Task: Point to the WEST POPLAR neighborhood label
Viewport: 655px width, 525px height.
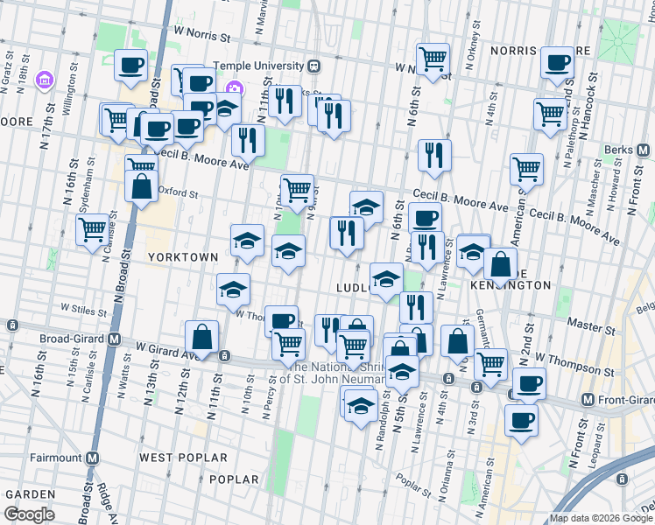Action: pyautogui.click(x=183, y=458)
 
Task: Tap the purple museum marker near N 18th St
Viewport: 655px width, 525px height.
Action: pyautogui.click(x=42, y=82)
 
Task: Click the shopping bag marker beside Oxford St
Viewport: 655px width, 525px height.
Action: pyautogui.click(x=141, y=186)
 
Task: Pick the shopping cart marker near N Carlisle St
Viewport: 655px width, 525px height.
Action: pyautogui.click(x=92, y=231)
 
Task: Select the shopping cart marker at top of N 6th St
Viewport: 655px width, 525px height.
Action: pyautogui.click(x=433, y=59)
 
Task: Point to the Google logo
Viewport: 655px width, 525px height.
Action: pyautogui.click(x=29, y=514)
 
